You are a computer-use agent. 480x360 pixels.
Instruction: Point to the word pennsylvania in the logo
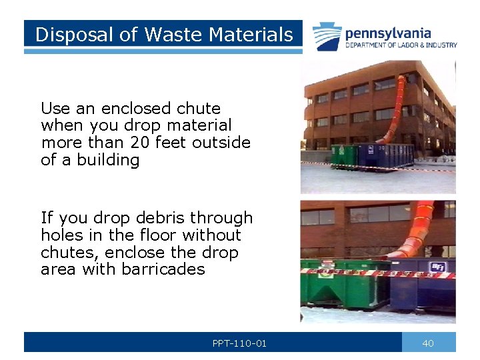pos(387,33)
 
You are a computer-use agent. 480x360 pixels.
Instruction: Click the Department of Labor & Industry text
pos(401,45)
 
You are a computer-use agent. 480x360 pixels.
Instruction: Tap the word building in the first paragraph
pos(108,160)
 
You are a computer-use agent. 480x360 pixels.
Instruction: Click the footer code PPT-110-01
pos(239,343)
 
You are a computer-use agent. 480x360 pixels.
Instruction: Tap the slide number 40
pos(428,343)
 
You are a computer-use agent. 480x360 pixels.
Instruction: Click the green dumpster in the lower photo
pos(343,287)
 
